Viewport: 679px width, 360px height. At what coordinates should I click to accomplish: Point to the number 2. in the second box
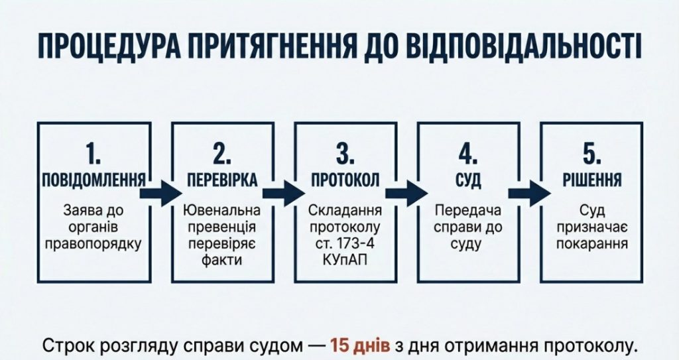coord(221,154)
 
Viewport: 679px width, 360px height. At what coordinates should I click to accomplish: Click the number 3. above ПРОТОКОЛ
coord(345,154)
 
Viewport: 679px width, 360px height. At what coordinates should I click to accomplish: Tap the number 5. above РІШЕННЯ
coord(592,154)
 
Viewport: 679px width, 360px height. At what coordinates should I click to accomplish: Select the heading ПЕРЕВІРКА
coord(221,180)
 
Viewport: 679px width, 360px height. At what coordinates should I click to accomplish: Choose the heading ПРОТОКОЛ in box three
coord(345,180)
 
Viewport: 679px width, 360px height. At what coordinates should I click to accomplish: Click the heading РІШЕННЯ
coord(592,180)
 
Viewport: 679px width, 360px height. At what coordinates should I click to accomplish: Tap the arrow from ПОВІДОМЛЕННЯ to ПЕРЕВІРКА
coord(160,192)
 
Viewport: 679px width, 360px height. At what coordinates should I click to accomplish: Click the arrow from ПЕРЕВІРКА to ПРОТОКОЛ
coord(283,192)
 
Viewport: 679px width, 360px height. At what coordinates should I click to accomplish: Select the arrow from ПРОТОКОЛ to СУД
coord(406,192)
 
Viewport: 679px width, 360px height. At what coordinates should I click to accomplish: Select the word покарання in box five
coord(592,243)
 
